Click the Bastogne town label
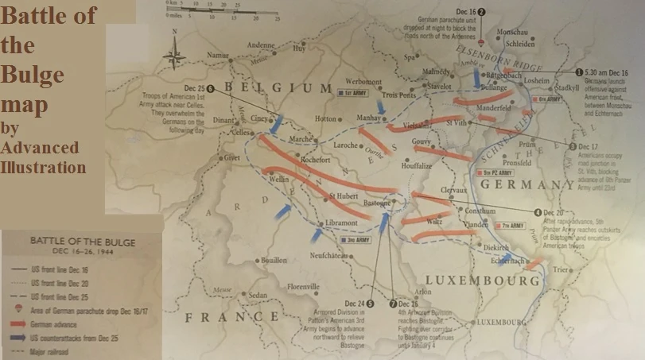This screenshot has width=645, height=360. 377,203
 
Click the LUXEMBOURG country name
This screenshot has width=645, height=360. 483,281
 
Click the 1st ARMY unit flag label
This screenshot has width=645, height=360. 351,92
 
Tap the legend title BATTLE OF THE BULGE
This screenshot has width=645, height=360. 82,241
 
